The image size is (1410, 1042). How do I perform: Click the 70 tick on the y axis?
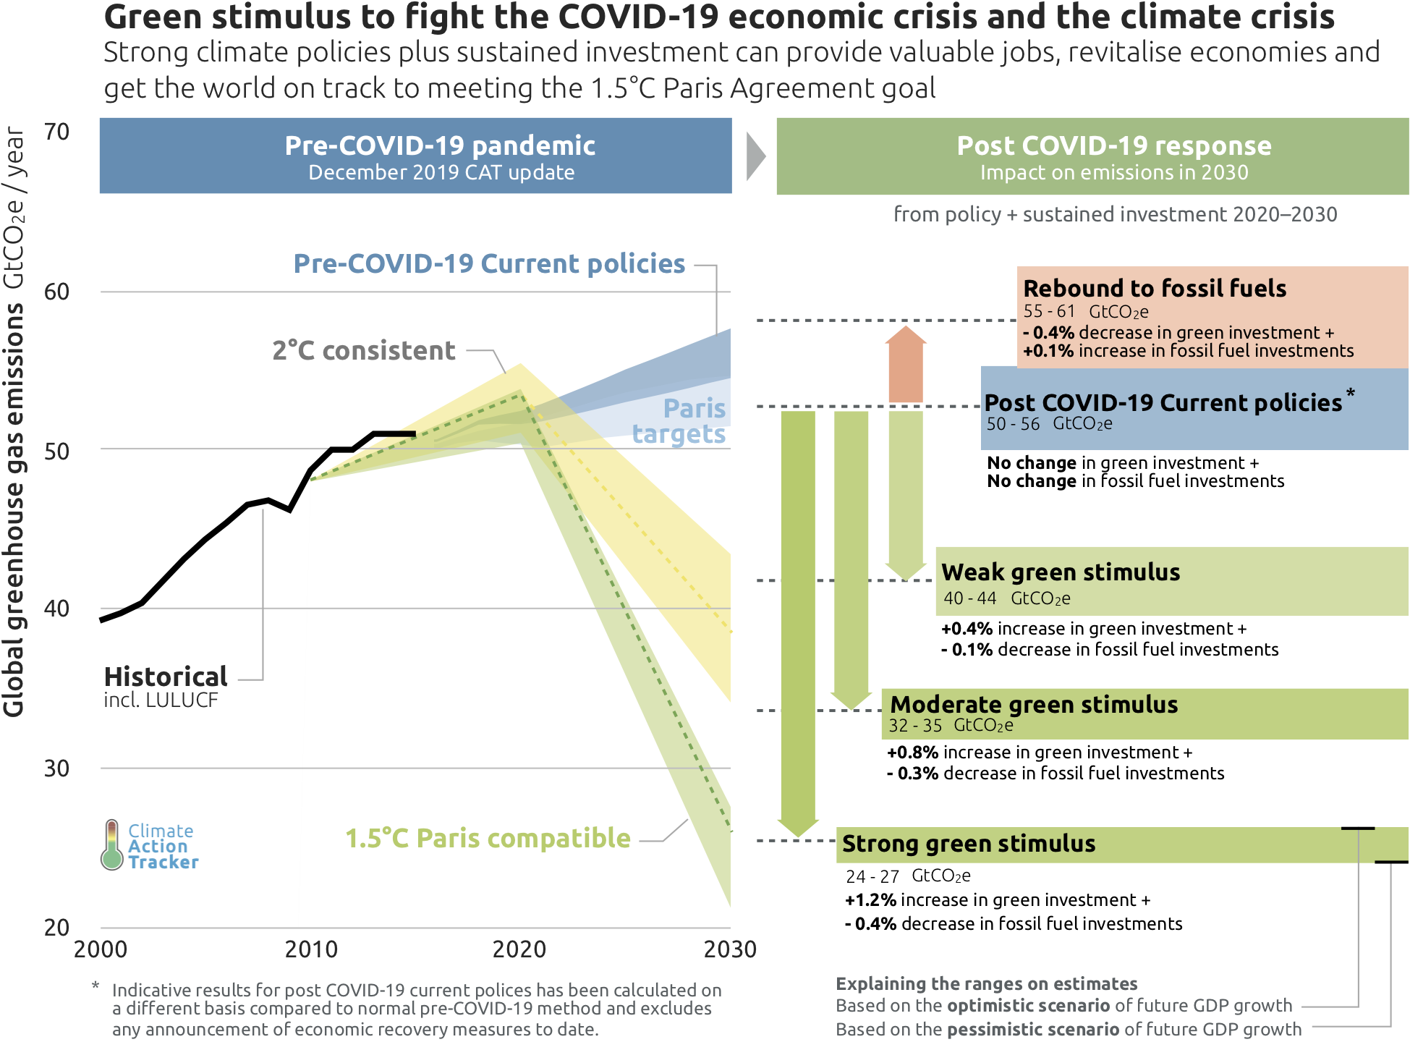click(56, 132)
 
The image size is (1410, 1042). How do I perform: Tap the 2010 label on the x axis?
click(311, 949)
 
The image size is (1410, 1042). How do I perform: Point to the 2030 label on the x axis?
click(730, 949)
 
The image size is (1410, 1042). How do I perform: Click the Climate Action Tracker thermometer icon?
click(112, 845)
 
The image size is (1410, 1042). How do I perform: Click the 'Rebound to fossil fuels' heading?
click(1155, 289)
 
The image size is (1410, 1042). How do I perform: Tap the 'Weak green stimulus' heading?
click(1061, 572)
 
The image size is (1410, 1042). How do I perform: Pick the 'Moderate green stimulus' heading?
click(1034, 705)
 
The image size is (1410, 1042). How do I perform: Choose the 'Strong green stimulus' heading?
click(969, 844)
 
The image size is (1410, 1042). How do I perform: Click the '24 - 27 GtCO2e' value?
click(908, 876)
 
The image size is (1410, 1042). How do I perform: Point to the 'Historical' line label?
click(166, 677)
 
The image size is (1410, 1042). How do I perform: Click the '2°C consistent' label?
click(364, 351)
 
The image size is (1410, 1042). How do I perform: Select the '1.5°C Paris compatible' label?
click(488, 839)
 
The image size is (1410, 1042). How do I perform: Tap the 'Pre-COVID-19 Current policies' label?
click(489, 264)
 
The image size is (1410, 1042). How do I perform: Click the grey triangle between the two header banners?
click(755, 156)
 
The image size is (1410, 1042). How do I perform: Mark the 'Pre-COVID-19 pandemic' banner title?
click(440, 146)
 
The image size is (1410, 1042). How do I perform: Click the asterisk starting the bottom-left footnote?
click(95, 986)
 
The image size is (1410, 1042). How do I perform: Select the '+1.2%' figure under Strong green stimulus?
click(871, 900)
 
